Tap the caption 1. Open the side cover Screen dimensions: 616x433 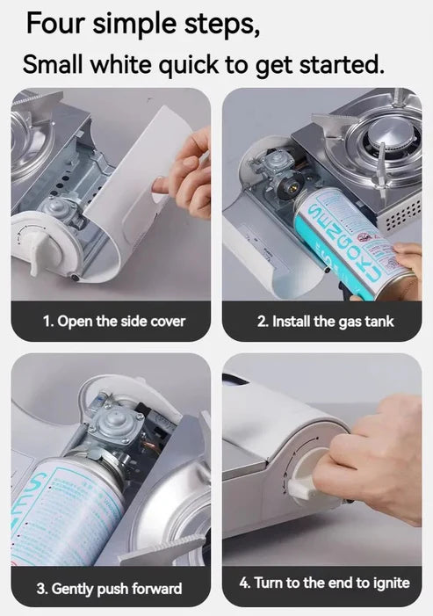(x=114, y=321)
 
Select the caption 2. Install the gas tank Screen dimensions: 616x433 (x=325, y=322)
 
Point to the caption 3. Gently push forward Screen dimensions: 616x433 (x=109, y=588)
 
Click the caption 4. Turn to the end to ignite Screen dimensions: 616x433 (x=325, y=583)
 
